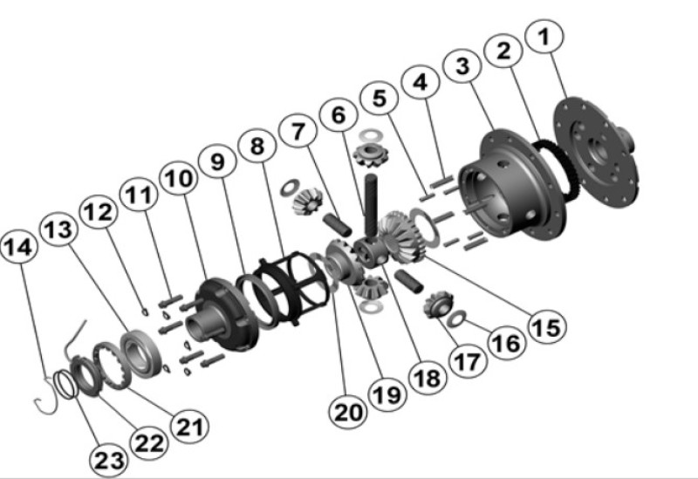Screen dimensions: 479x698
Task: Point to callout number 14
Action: click(x=20, y=248)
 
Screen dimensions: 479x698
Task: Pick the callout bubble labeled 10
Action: click(x=179, y=176)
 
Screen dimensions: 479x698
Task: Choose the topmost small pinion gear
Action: click(x=370, y=158)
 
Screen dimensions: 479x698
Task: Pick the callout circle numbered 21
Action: click(x=192, y=427)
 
